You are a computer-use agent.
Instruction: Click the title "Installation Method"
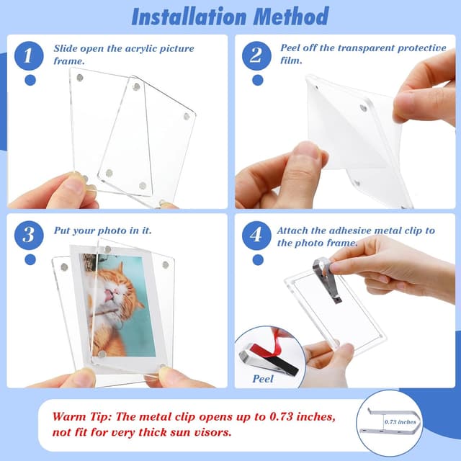pos(230,16)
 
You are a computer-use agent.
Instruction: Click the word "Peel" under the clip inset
pos(267,377)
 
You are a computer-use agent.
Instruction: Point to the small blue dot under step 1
pos(30,80)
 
